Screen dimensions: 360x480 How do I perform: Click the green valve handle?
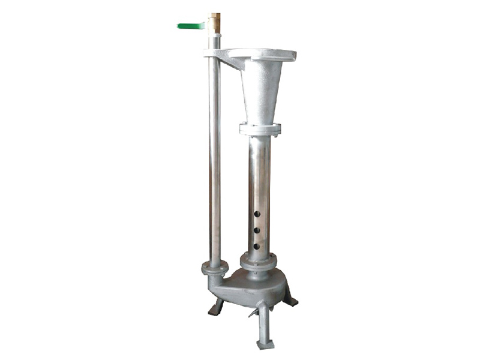point(191,26)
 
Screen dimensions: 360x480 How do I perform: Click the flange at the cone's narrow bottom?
point(259,128)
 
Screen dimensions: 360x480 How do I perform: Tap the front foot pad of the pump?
point(265,344)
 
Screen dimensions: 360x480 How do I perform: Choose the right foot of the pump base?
point(291,301)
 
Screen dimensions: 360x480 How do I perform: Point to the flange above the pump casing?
point(259,262)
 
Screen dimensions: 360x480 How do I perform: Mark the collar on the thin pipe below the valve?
point(214,42)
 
